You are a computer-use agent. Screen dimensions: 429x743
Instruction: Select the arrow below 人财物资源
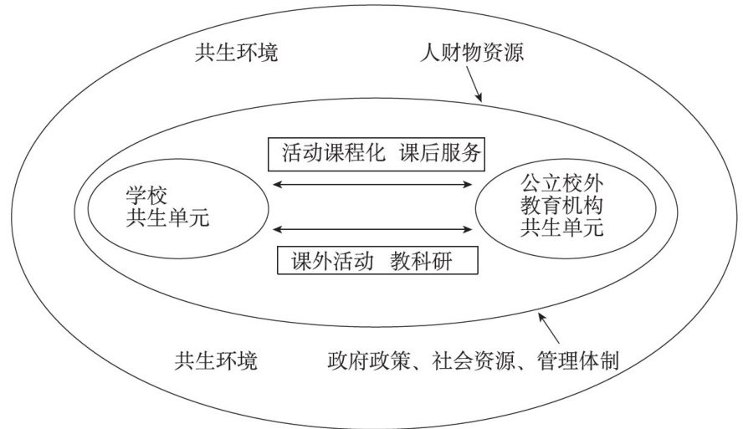472,86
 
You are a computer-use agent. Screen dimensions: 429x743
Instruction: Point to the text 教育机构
562,204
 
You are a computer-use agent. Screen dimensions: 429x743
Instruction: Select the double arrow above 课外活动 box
373,228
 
